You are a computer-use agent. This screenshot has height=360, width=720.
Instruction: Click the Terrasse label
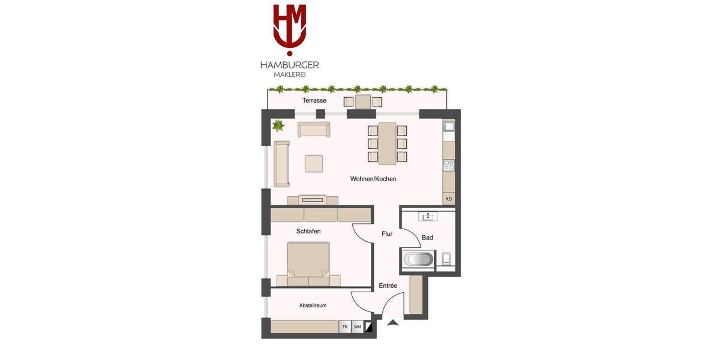coord(314,101)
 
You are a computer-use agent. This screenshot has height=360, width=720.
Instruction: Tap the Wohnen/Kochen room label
coord(373,179)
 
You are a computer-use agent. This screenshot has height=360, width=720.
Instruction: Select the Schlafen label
coord(308,231)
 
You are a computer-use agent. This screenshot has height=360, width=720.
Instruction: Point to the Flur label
coord(387,234)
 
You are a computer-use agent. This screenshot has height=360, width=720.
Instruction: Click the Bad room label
coord(427,238)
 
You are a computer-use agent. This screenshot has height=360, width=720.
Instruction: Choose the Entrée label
coord(388,286)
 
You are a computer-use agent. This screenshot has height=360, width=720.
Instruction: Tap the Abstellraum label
coord(313,305)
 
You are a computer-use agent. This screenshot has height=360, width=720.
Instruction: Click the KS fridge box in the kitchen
coord(448,199)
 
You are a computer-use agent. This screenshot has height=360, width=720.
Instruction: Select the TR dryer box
coord(344,327)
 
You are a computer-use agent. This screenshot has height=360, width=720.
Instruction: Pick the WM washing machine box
coord(357,327)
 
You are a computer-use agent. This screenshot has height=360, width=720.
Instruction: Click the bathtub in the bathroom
coord(418,259)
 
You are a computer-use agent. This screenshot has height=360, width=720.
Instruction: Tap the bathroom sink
coord(427,217)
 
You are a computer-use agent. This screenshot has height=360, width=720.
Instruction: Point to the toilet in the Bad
coord(446,259)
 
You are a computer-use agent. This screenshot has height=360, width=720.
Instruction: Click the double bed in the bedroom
coord(308,263)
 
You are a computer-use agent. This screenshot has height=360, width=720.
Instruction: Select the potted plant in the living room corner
coord(278,126)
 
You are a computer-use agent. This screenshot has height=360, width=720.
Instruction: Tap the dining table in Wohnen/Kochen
coord(387,143)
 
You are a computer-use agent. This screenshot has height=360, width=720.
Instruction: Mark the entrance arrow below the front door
coord(392,323)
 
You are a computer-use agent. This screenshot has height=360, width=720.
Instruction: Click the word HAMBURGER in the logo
coord(289,65)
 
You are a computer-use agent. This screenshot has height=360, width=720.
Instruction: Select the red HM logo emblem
coord(289,27)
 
